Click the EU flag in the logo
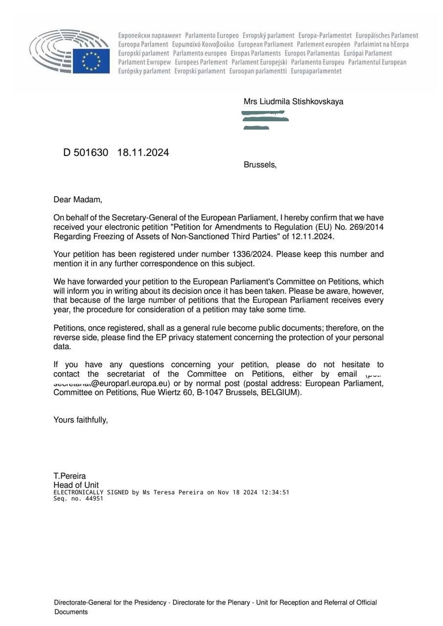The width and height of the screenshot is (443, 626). click(91, 61)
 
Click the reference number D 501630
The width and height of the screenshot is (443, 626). click(86, 153)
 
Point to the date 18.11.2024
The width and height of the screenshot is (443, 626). click(143, 153)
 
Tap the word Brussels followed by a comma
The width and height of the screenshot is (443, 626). click(260, 165)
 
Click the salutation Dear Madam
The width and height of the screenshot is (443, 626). click(78, 200)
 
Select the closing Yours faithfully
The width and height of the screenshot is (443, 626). click(80, 420)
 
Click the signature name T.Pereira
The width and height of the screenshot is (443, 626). click(70, 476)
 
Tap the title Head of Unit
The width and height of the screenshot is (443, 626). click(76, 485)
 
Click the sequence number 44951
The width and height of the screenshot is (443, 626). click(93, 499)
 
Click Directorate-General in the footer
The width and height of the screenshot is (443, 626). click(83, 603)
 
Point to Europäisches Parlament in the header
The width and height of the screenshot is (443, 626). click(387, 35)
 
